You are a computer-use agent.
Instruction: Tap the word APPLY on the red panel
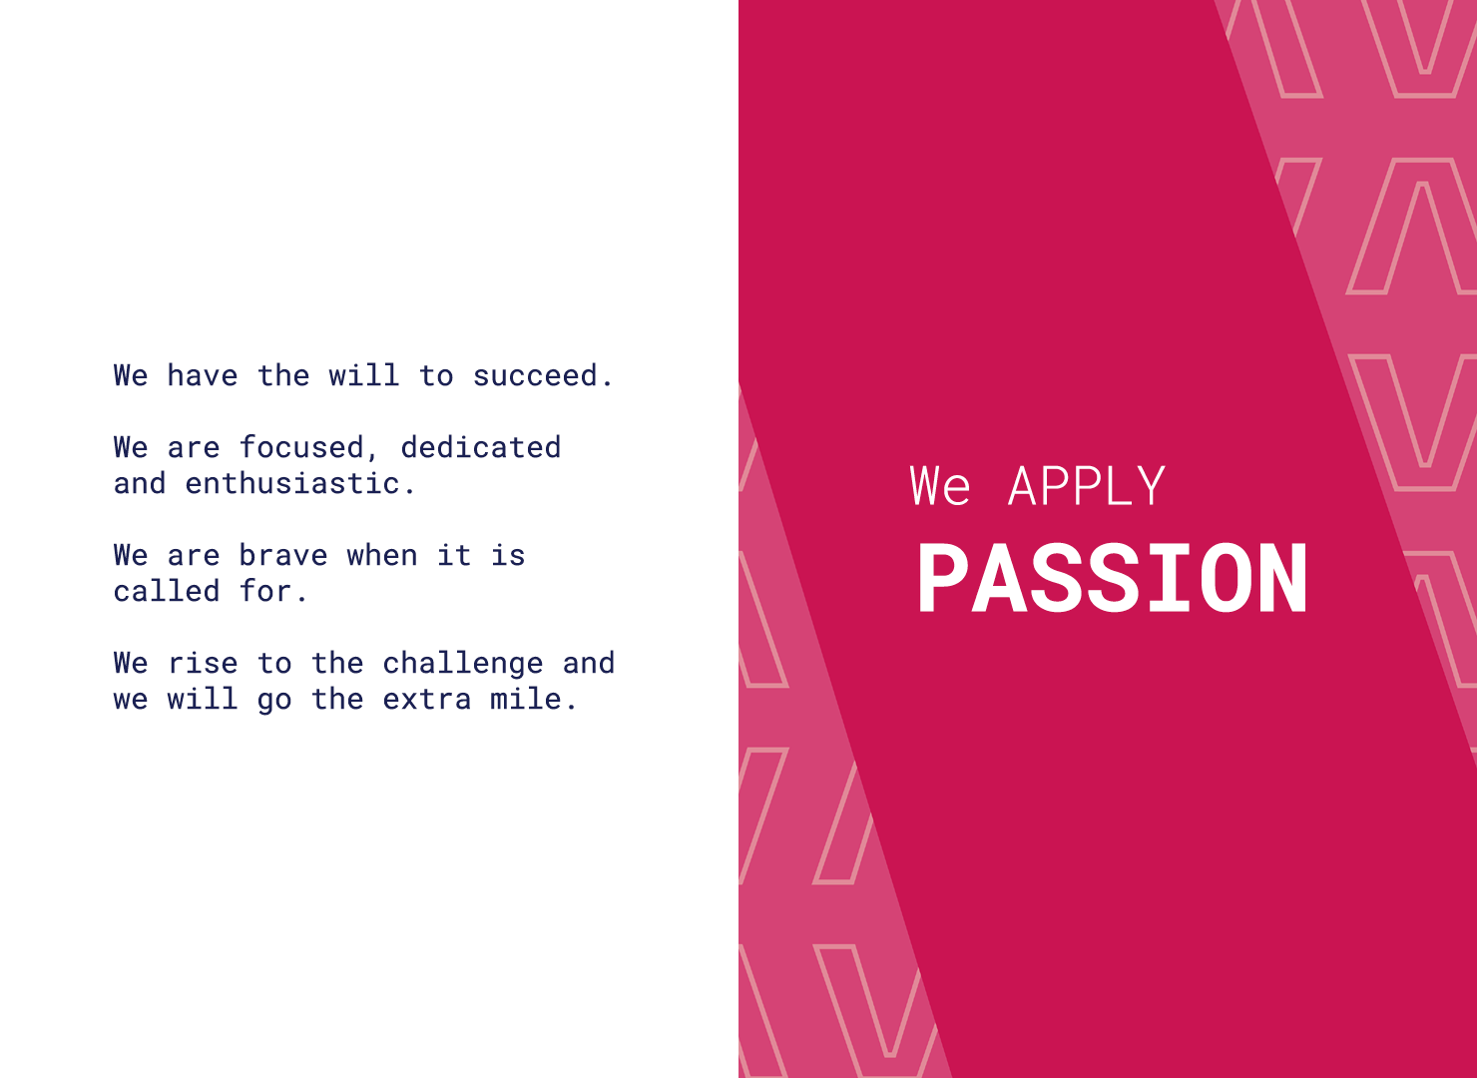click(1087, 486)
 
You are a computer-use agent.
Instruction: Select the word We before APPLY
click(939, 486)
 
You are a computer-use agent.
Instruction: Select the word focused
click(301, 448)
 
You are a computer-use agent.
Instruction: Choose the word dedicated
click(481, 447)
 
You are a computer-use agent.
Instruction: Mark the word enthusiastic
click(292, 484)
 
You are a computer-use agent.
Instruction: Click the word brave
click(283, 555)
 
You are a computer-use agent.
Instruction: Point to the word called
click(167, 591)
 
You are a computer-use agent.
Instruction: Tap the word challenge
click(463, 664)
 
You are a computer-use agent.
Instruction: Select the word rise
click(203, 663)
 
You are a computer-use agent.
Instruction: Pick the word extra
click(427, 700)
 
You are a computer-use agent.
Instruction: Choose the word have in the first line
click(203, 376)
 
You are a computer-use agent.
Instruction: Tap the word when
click(382, 555)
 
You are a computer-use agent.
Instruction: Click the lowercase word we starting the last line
click(131, 700)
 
